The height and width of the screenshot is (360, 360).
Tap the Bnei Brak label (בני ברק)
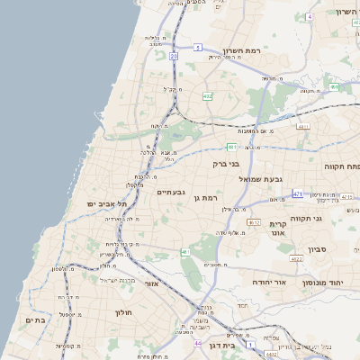227,165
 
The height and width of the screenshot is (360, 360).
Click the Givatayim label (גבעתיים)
171,192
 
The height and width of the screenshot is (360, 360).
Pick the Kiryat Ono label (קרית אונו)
277,229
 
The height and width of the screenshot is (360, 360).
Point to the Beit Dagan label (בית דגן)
233,344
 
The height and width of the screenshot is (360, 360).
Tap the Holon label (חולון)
124,312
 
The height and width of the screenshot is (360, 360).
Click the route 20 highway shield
173,56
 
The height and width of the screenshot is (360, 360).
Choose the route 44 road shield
198,343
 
